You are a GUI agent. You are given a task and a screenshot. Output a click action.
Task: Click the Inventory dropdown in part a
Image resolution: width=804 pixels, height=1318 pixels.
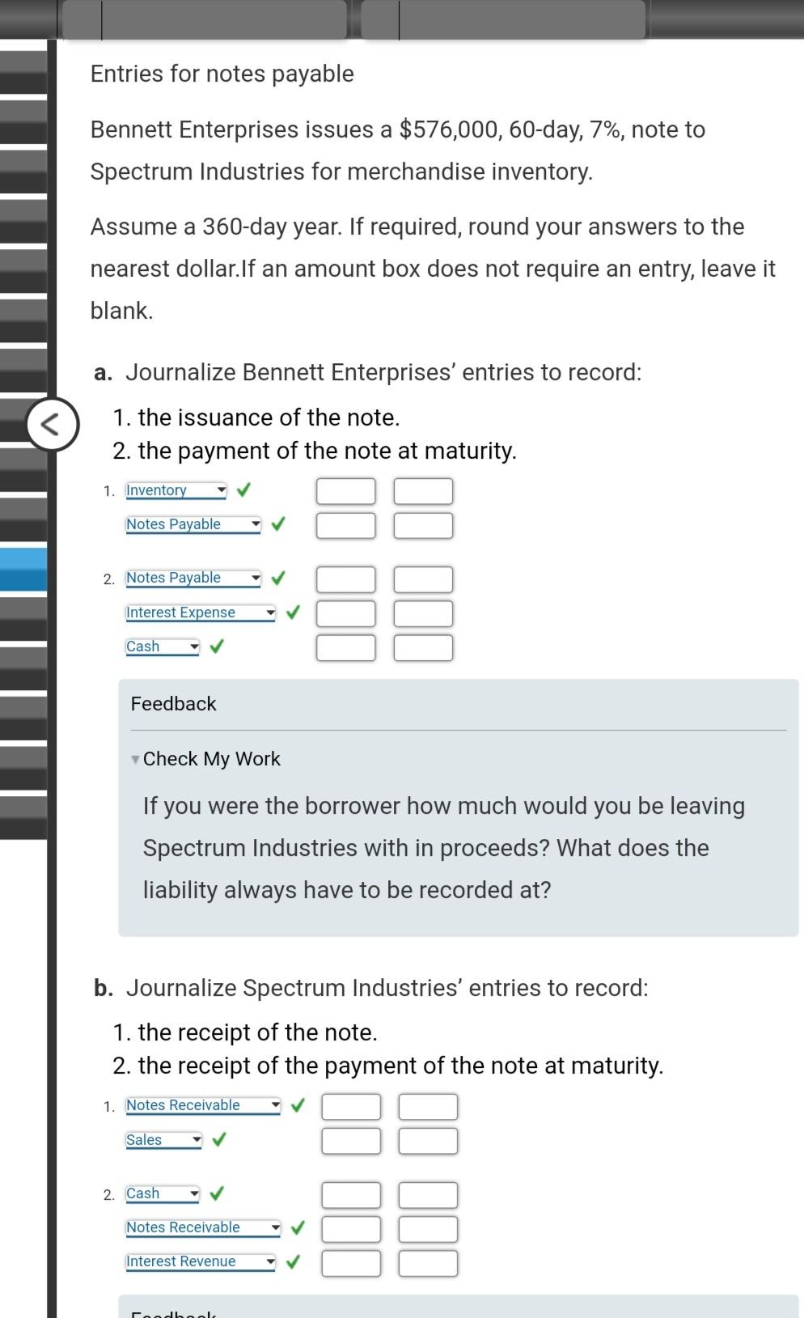176,490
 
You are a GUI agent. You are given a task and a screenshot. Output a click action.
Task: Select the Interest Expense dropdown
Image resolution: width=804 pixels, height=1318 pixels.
200,612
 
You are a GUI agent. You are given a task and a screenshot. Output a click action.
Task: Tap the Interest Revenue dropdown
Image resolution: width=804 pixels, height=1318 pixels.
200,1261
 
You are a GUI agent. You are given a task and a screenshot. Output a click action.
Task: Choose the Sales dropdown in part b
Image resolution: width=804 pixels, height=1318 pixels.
163,1140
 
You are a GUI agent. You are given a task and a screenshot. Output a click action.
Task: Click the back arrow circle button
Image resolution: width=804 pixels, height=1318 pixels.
52,424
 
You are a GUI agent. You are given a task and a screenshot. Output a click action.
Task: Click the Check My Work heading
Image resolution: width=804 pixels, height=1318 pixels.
211,759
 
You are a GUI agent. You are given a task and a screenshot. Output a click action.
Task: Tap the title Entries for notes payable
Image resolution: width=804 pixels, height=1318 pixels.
222,74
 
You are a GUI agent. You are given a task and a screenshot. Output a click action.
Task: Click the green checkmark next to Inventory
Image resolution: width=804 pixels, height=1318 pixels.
243,489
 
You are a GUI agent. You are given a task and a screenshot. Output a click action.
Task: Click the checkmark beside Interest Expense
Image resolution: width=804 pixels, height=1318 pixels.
292,612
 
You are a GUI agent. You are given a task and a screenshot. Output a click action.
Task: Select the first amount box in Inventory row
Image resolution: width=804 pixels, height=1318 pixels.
345,491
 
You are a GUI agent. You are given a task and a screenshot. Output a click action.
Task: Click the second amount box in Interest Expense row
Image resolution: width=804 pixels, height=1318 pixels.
423,613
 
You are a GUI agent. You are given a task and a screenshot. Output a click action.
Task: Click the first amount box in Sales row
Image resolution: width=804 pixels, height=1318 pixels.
350,1141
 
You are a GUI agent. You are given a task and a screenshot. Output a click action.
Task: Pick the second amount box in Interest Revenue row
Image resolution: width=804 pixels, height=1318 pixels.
428,1263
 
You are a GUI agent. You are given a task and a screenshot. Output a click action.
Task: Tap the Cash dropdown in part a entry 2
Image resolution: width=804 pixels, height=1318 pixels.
162,646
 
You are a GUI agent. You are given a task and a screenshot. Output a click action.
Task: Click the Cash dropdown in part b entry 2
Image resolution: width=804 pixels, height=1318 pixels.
162,1193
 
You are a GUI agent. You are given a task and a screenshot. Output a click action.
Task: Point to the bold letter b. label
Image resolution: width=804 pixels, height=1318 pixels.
103,988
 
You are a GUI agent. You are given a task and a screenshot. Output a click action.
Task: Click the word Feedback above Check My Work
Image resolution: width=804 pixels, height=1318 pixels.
173,704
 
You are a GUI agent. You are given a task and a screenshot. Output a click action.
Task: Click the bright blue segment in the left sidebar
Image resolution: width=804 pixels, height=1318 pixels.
23,570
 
